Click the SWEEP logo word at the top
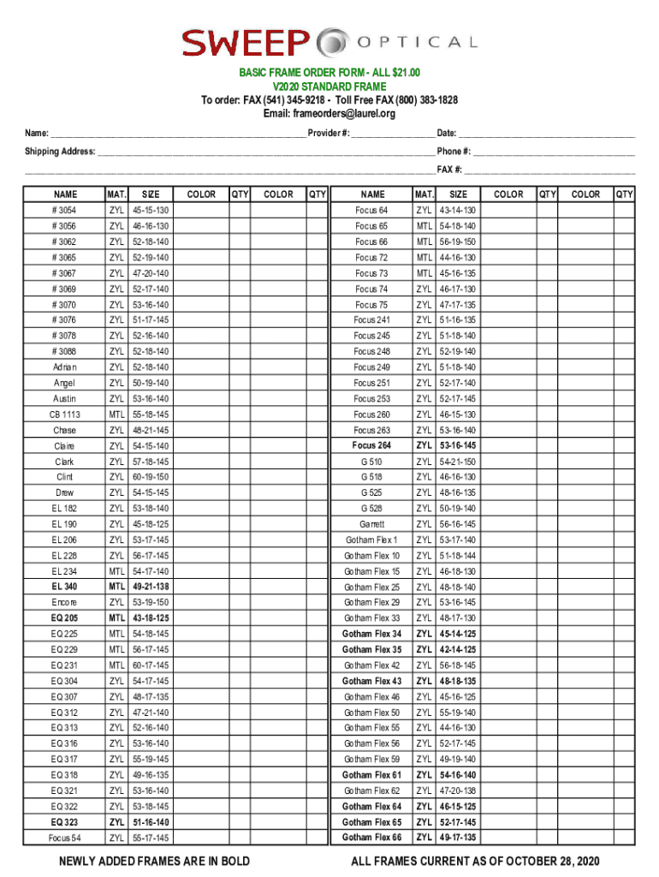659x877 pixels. click(245, 41)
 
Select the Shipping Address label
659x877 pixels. click(59, 152)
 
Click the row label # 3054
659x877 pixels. click(64, 211)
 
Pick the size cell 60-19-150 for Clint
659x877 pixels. click(150, 477)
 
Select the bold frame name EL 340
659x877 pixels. click(64, 587)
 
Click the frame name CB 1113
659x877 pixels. click(64, 415)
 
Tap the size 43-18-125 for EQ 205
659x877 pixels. click(150, 618)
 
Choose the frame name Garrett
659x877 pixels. click(371, 524)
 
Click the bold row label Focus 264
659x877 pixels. click(371, 445)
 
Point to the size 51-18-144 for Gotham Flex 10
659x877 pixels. click(458, 556)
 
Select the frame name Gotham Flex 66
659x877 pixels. click(371, 838)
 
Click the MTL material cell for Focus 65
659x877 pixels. click(424, 226)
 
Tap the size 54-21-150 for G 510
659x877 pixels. click(458, 462)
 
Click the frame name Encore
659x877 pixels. click(64, 603)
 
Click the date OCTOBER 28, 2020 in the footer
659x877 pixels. click(549, 861)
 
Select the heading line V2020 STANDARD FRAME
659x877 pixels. click(329, 87)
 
